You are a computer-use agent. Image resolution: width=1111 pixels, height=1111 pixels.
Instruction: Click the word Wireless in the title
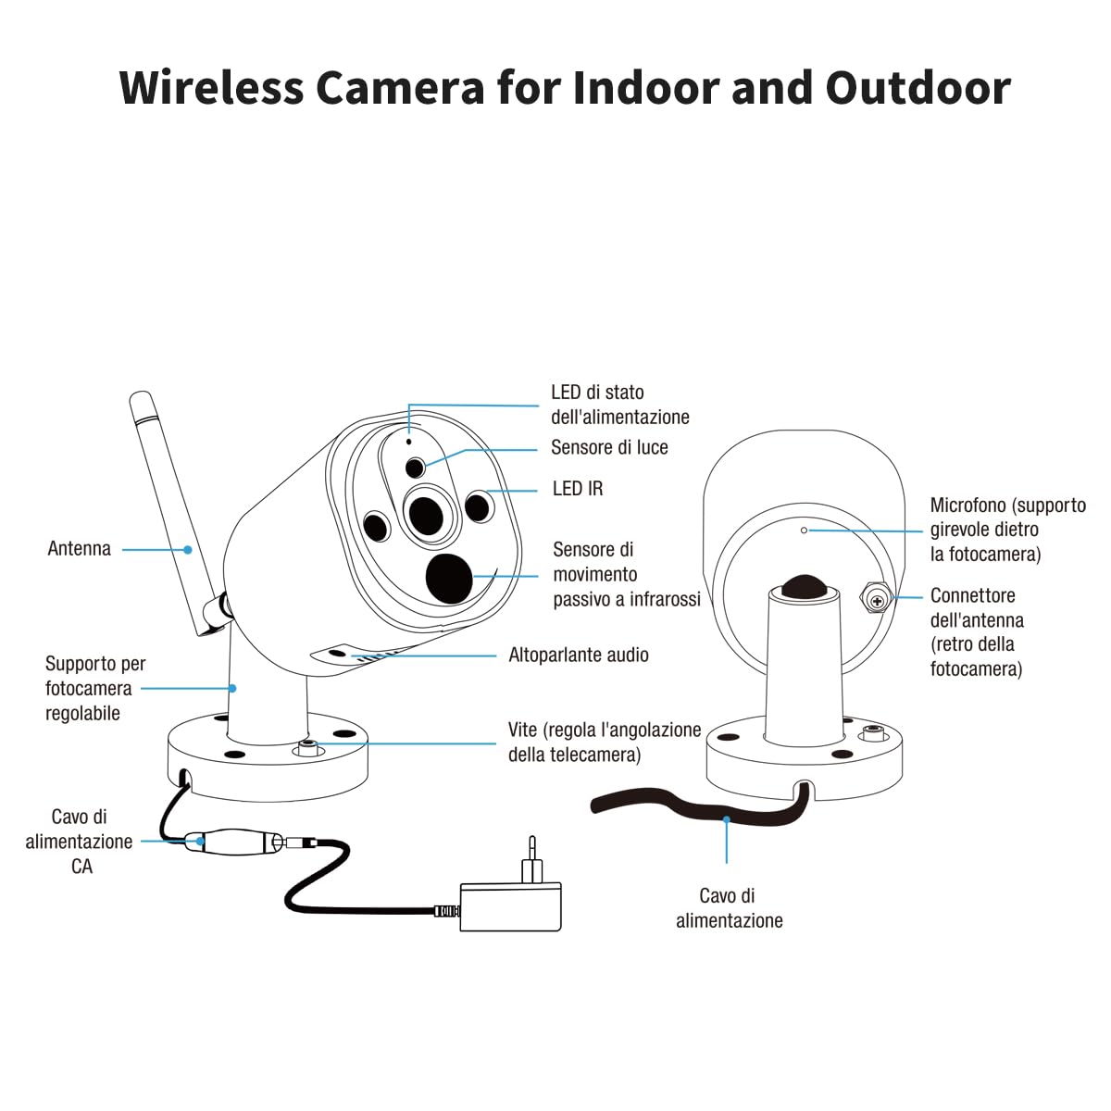[x=211, y=88]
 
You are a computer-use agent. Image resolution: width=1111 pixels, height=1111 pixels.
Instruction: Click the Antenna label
[x=79, y=548]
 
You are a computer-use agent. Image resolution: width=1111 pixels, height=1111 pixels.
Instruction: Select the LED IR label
[x=578, y=489]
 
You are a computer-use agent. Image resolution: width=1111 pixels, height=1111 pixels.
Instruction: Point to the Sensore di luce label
[x=609, y=447]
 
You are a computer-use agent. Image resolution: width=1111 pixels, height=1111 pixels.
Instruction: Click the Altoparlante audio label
[x=579, y=655]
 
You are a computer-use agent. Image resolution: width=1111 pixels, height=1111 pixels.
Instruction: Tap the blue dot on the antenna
[x=187, y=549]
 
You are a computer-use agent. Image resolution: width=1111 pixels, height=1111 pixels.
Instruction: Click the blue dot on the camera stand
[x=231, y=688]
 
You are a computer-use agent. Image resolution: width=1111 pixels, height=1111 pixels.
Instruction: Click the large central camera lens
[x=427, y=515]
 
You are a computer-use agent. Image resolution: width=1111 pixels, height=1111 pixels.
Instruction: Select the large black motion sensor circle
[x=448, y=579]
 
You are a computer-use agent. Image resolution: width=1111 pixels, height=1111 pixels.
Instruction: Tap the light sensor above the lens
[x=415, y=468]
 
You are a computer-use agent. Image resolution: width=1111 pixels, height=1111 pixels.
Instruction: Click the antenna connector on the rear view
[x=877, y=598]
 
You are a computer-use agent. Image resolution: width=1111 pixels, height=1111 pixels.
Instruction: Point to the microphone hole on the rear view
[x=805, y=530]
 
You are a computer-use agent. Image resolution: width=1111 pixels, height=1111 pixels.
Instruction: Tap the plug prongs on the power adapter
[x=532, y=859]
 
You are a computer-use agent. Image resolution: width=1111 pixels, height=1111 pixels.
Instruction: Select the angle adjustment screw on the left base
[x=307, y=747]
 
